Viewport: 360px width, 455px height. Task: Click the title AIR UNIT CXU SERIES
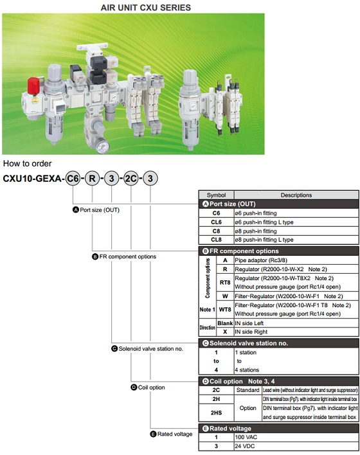[x=145, y=8]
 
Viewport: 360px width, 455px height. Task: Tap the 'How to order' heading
[x=27, y=164]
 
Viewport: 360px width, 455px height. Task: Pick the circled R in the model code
[x=93, y=178]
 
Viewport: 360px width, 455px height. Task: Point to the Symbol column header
[x=215, y=195]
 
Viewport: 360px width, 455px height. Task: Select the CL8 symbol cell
[x=216, y=240]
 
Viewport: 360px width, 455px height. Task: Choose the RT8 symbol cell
[x=224, y=282]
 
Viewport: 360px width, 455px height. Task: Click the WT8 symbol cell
[x=224, y=310]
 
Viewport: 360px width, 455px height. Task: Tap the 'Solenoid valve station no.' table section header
[x=251, y=343]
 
